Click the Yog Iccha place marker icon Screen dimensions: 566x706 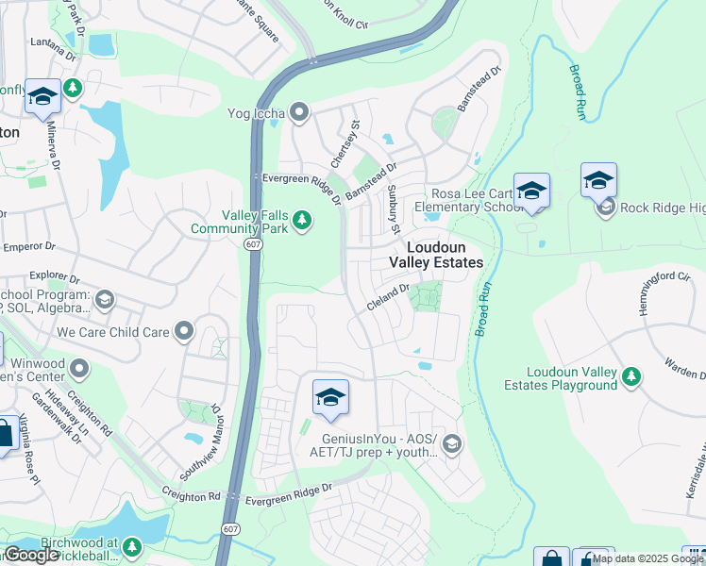[x=300, y=114]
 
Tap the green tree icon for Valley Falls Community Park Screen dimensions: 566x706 [x=302, y=221]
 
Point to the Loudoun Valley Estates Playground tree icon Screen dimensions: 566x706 [x=630, y=376]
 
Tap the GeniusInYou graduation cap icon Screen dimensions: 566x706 [x=453, y=443]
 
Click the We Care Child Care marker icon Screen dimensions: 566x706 [x=184, y=331]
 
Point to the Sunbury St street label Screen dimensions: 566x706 [x=394, y=210]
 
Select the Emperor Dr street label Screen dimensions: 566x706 [x=30, y=246]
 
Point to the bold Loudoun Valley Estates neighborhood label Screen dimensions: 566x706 [x=436, y=253]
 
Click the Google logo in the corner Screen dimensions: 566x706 [x=31, y=555]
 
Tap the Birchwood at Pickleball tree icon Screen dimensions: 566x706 [x=132, y=546]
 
